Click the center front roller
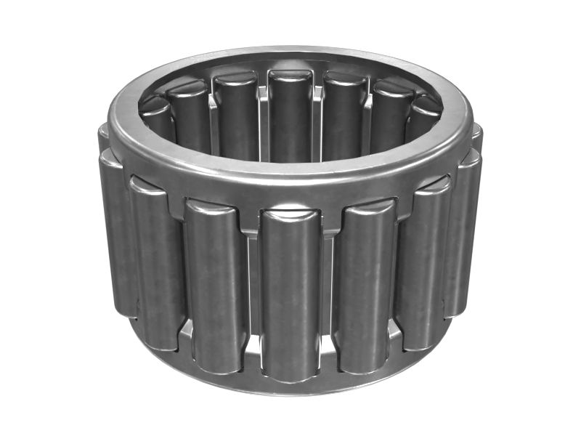[x=290, y=291]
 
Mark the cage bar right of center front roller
[x=328, y=291]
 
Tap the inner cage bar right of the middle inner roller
[x=317, y=120]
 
